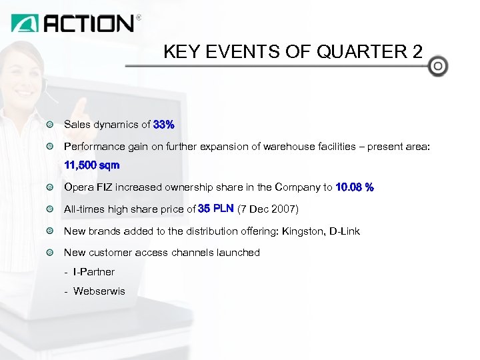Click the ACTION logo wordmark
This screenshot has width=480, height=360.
89,23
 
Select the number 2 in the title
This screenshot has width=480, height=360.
417,52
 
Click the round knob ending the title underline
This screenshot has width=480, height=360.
438,67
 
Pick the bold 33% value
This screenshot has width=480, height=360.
164,125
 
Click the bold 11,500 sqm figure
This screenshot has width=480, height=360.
91,165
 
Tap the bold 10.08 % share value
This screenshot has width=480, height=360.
355,187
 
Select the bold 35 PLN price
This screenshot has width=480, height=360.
216,209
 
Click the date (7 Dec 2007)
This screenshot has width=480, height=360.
268,209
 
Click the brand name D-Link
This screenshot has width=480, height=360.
345,231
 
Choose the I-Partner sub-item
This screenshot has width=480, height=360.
94,272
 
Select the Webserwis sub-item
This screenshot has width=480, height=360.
99,291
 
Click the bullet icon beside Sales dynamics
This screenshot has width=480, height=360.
51,125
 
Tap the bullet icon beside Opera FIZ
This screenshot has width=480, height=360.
51,187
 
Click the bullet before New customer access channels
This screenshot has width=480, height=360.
51,253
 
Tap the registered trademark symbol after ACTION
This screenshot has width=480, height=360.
139,18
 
